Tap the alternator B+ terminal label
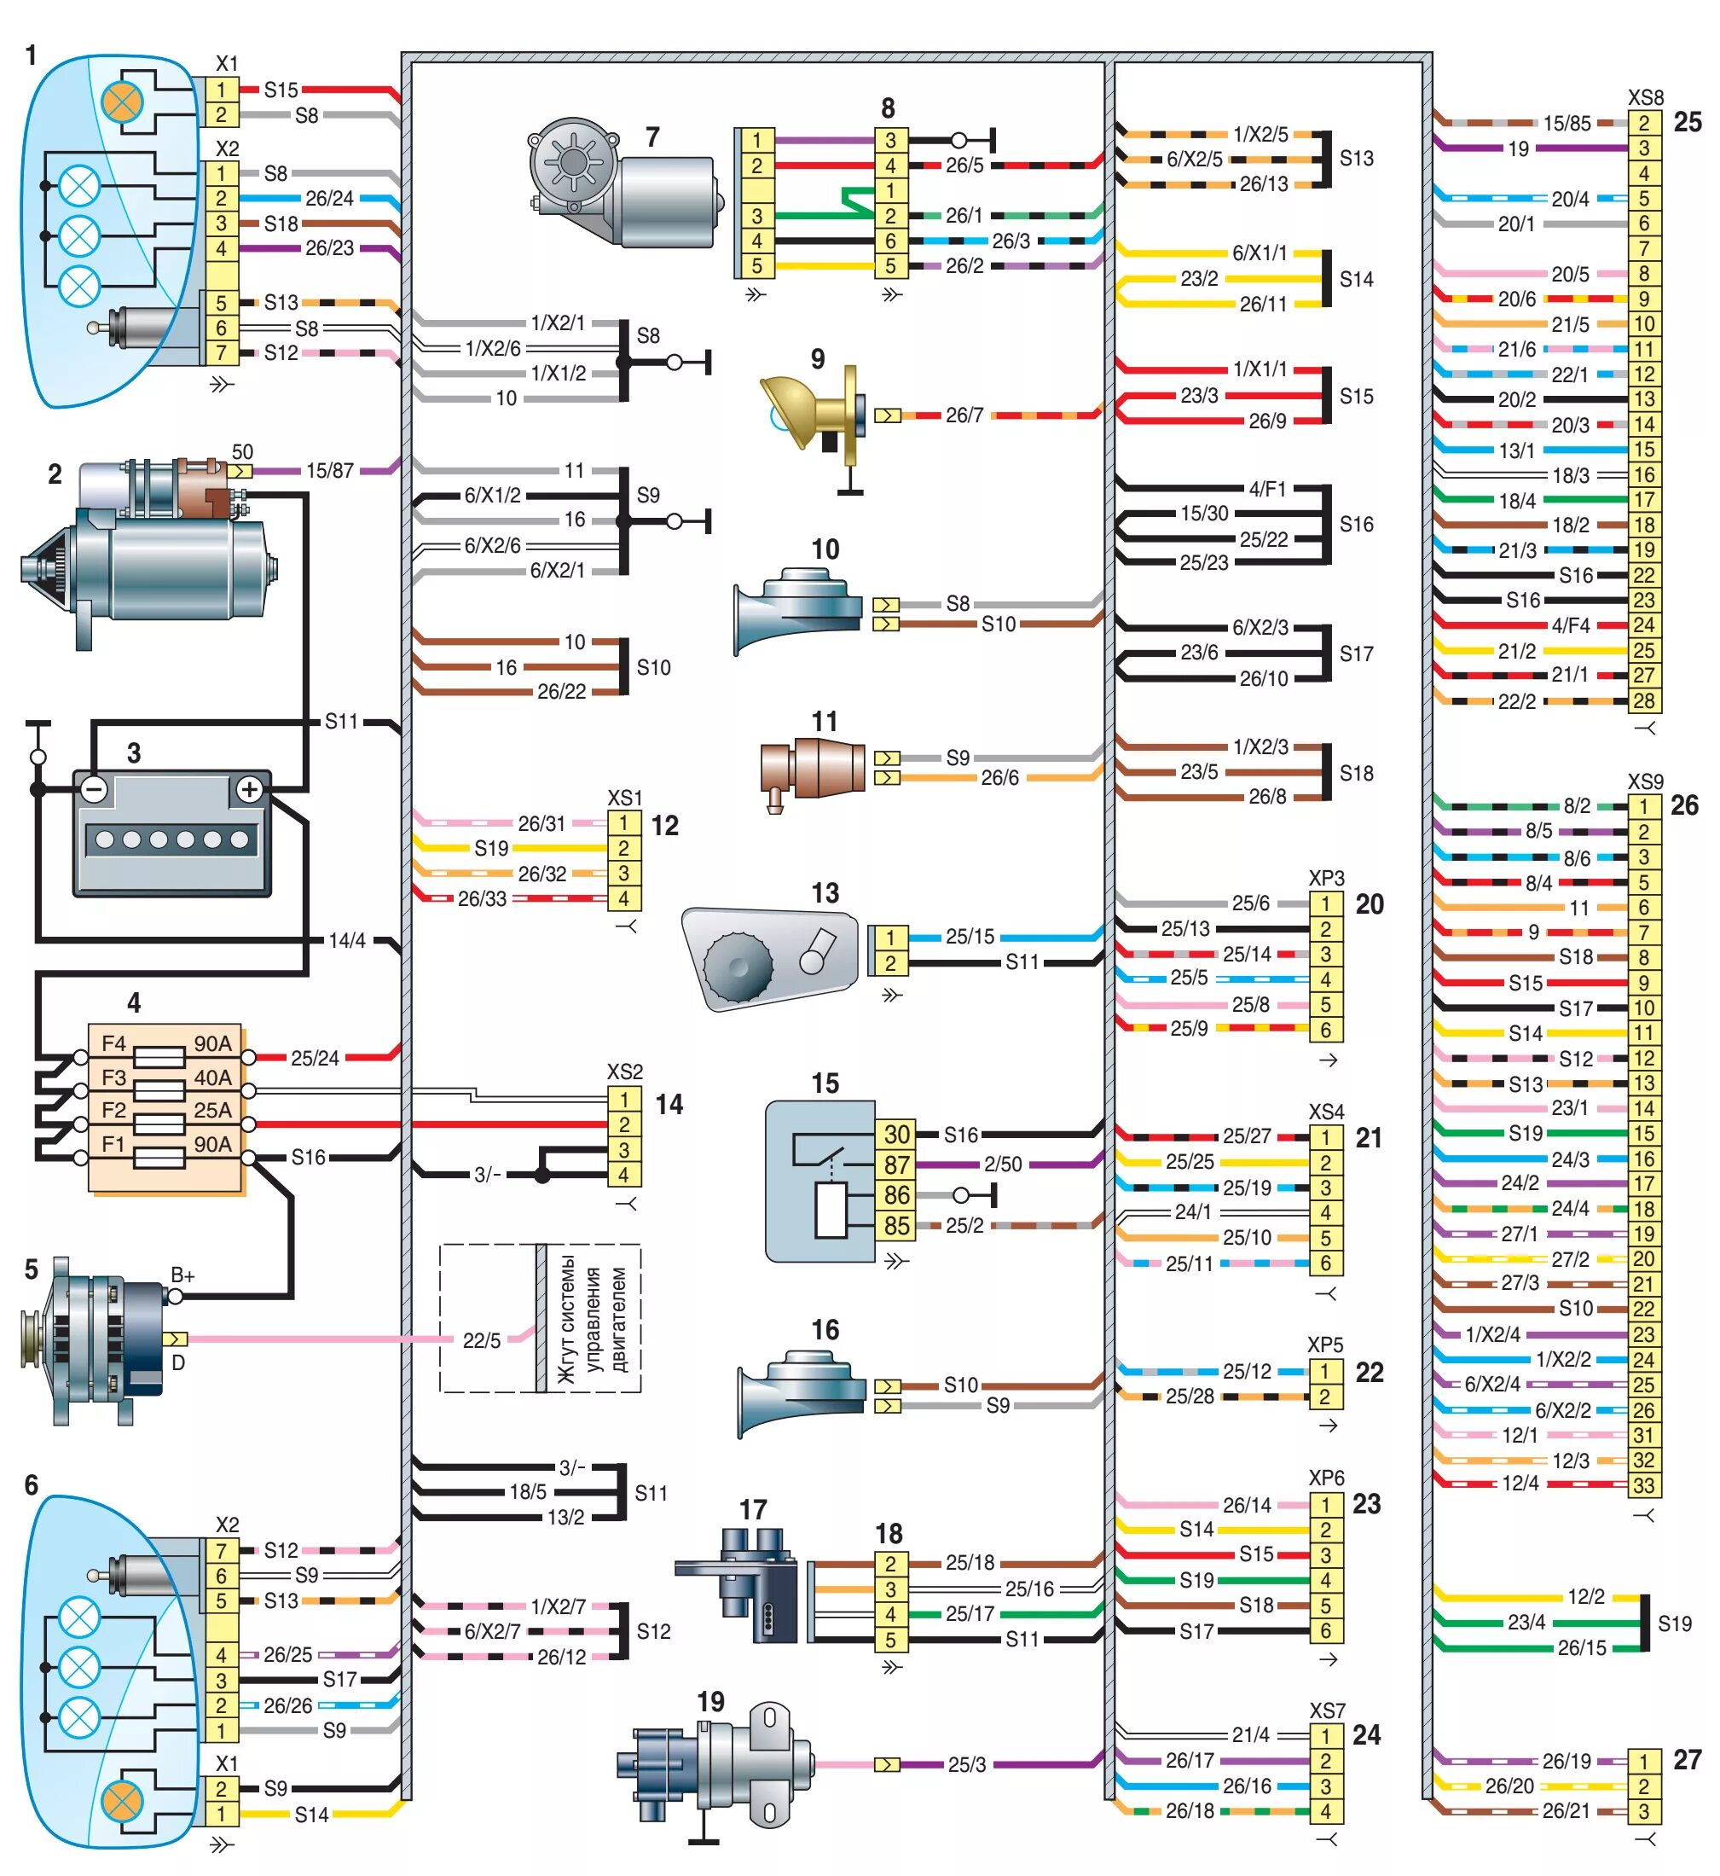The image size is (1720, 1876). point(183,1276)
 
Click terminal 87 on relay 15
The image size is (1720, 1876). point(896,1165)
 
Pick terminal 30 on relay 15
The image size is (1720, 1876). point(896,1134)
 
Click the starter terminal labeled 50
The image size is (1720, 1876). point(241,452)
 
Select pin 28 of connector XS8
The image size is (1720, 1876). point(1644,701)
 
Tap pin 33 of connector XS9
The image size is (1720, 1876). point(1644,1486)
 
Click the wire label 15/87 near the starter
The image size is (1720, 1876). point(329,471)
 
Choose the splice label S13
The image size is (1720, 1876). point(1356,159)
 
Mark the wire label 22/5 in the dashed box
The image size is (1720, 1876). point(481,1340)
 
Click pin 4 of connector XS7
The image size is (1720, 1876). point(1325,1812)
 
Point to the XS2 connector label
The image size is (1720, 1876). point(624,1072)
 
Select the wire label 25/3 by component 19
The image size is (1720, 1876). point(966,1764)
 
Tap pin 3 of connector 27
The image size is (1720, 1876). point(1644,1812)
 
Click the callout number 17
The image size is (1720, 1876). point(752,1510)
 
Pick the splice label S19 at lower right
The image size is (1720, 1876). point(1675,1624)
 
